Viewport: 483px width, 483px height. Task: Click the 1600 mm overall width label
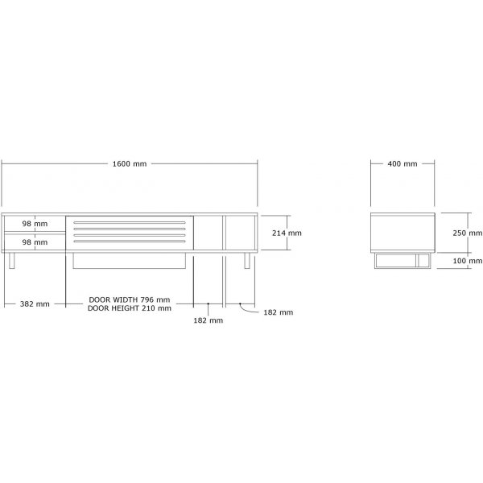coord(129,163)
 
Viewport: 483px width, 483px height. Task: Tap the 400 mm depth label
coord(402,163)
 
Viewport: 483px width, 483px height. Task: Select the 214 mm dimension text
coord(287,233)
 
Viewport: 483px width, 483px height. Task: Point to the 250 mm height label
coord(466,232)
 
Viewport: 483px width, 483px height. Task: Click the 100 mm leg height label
coord(466,261)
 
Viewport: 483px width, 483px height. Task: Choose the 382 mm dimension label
coord(35,303)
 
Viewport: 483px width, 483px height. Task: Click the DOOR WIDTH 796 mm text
coord(130,299)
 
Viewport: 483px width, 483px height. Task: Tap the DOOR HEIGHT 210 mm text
coord(130,308)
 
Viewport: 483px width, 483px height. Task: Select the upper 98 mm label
coord(34,223)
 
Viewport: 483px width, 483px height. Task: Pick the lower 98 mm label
coord(34,242)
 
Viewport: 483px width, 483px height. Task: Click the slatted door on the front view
coord(130,233)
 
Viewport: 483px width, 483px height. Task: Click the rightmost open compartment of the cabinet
coord(240,233)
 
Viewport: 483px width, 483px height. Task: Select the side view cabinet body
coord(403,232)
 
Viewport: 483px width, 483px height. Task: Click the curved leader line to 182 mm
coord(245,308)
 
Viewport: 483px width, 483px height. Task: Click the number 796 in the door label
coord(152,299)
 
